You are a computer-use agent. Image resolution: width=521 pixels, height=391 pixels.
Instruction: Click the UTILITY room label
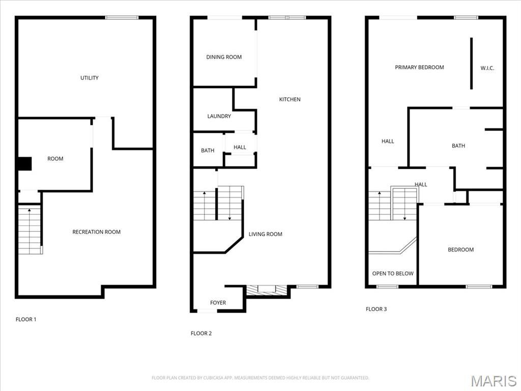click(90, 78)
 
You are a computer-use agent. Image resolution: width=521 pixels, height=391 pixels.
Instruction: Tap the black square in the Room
click(24, 164)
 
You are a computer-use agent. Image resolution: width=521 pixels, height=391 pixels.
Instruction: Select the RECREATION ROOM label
click(96, 232)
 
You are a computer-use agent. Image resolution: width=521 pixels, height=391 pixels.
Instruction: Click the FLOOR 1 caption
click(26, 320)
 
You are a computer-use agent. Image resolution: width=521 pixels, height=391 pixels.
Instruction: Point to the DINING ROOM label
click(224, 57)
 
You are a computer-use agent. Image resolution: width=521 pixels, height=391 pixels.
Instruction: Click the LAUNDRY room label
click(219, 116)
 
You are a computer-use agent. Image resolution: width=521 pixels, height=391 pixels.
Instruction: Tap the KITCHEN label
click(290, 99)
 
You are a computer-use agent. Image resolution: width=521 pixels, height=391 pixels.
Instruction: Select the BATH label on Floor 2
click(208, 151)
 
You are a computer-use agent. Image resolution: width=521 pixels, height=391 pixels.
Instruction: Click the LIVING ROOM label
click(265, 234)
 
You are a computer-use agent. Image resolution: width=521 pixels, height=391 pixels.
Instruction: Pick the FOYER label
click(218, 303)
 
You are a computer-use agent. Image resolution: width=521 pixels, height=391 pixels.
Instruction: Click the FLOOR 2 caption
click(201, 333)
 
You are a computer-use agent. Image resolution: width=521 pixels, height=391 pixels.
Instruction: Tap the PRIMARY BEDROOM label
click(419, 67)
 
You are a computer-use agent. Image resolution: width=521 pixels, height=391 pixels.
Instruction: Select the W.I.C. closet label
click(487, 68)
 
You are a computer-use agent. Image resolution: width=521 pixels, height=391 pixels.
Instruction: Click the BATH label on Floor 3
click(458, 146)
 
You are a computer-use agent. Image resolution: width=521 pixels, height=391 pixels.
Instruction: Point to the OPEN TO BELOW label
click(392, 273)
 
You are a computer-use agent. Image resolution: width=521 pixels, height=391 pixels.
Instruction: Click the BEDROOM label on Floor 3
click(460, 249)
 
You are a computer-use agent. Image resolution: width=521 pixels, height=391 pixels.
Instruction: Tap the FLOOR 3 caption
click(376, 309)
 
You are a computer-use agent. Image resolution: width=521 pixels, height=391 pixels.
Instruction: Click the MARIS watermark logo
click(493, 381)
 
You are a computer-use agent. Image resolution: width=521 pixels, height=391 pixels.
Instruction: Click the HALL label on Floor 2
click(240, 148)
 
